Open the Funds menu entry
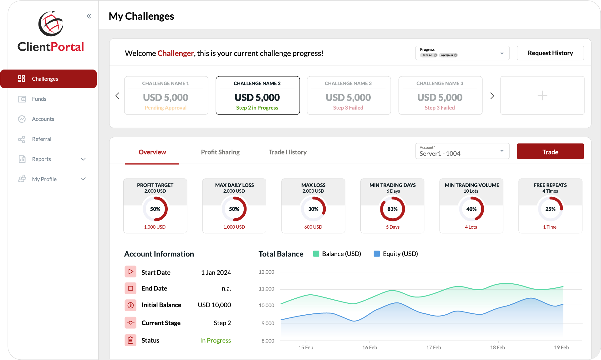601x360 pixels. pyautogui.click(x=39, y=99)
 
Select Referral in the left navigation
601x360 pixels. pyautogui.click(x=41, y=139)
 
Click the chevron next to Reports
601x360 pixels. pyautogui.click(x=83, y=159)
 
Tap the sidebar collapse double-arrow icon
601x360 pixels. pyautogui.click(x=89, y=16)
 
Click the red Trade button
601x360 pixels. pyautogui.click(x=550, y=152)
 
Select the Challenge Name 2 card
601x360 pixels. pyautogui.click(x=257, y=95)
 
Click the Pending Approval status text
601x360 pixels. pyautogui.click(x=166, y=108)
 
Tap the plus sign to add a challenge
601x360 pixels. pyautogui.click(x=542, y=95)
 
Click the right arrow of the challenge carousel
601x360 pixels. pyautogui.click(x=492, y=96)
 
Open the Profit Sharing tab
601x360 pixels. pyautogui.click(x=220, y=152)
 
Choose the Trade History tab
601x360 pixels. pyautogui.click(x=288, y=152)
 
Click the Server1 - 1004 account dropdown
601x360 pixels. pyautogui.click(x=462, y=151)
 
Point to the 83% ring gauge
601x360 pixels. pyautogui.click(x=392, y=209)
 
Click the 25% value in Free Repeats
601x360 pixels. pyautogui.click(x=550, y=209)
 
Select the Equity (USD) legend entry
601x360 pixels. pyautogui.click(x=396, y=254)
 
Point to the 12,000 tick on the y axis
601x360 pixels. pyautogui.click(x=266, y=272)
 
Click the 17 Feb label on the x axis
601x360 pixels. pyautogui.click(x=433, y=347)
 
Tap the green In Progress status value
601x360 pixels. pyautogui.click(x=215, y=340)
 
